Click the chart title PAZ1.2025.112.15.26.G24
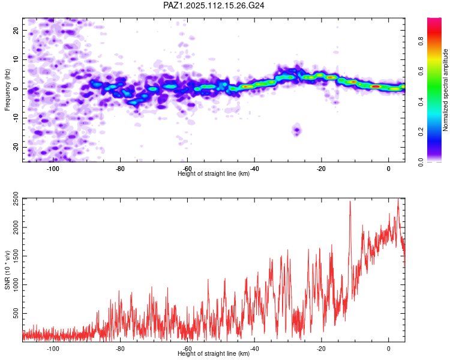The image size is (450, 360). pos(214,5)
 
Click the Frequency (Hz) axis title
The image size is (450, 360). pos(7,90)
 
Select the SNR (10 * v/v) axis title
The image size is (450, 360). pos(7,270)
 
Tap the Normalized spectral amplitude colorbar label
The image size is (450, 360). pos(445,90)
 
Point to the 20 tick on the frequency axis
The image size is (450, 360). pos(16,30)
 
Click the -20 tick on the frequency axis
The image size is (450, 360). pos(16,148)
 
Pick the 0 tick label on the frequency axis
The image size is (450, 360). pos(16,89)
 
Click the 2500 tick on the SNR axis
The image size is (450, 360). pos(16,199)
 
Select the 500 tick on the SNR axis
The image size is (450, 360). pos(16,313)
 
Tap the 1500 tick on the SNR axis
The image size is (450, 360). pos(16,256)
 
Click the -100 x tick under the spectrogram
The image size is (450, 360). pos(53,169)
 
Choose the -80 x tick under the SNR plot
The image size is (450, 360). pos(120,349)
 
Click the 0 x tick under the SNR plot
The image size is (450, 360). pos(389,349)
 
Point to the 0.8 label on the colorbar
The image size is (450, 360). pos(421,41)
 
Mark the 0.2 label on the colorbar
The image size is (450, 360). pos(421,132)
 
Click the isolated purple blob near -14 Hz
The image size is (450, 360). pos(297,130)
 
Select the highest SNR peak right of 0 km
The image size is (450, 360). pos(398,199)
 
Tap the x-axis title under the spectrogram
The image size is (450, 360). pos(214,173)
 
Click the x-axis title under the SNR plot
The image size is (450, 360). pos(214,353)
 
